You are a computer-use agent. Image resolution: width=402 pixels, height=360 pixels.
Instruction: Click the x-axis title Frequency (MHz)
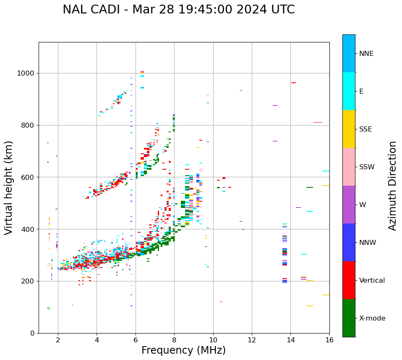183,350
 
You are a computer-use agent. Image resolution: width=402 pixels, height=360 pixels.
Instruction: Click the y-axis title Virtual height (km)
9,188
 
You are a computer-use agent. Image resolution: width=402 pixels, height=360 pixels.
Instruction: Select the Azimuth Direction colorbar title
392,186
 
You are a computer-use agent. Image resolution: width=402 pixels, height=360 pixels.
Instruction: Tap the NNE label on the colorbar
366,54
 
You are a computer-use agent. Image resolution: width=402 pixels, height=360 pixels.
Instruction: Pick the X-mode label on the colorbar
372,318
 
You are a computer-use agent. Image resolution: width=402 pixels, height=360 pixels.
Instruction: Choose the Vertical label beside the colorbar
372,281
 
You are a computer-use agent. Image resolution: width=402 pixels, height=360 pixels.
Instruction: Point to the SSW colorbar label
366,167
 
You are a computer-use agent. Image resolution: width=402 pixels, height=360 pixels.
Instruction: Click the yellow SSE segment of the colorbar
349,129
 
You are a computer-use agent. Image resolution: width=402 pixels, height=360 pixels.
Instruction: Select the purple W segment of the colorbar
349,205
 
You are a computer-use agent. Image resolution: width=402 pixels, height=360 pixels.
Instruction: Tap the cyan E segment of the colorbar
349,91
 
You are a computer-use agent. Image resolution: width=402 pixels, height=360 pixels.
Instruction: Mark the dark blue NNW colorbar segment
349,242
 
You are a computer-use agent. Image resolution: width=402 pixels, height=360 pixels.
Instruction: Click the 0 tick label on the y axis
32,334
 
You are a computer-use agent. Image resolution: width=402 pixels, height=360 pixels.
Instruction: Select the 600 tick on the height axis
29,177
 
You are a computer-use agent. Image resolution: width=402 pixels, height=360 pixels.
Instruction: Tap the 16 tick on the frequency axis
329,340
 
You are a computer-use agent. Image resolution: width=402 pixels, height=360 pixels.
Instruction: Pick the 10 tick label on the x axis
213,340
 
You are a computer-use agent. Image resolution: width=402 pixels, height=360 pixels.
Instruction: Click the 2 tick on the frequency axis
58,340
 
